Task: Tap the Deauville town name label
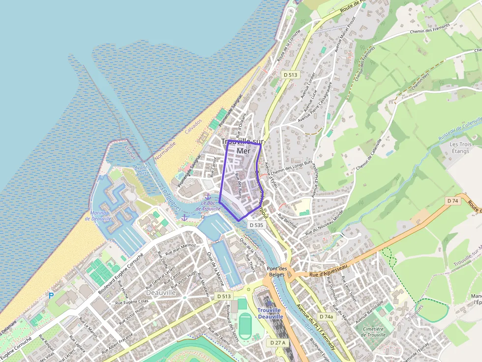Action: (161, 292)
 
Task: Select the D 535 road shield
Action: (256, 225)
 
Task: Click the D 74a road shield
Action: (326, 317)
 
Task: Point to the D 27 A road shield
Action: (277, 342)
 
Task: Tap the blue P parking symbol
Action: (51, 295)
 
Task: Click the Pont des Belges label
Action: (276, 272)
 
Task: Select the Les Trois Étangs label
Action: (460, 147)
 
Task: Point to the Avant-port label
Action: (141, 170)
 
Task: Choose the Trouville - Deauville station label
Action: (270, 313)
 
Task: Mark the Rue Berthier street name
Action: (288, 218)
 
